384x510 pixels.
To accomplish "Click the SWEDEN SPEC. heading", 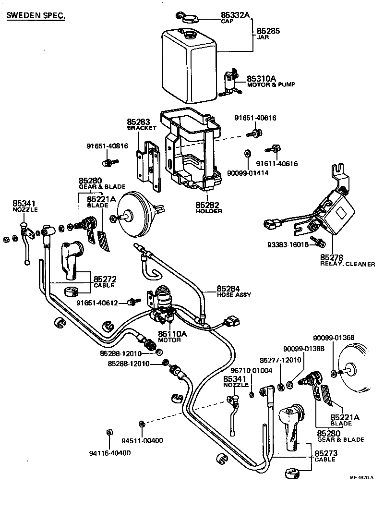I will [36, 16].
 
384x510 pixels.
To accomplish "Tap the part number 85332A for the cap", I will [235, 15].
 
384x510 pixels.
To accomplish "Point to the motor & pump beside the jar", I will [232, 82].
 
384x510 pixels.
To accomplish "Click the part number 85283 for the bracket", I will [139, 122].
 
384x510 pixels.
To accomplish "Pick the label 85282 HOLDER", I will [207, 207].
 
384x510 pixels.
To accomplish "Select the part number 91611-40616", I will [276, 164].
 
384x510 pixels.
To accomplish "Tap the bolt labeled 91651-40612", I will [132, 302].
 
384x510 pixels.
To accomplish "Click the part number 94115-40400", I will [111, 453].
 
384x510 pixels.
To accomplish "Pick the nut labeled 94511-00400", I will [142, 423].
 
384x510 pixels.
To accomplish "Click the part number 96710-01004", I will [252, 370].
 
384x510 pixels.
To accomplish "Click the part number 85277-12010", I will [280, 360].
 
